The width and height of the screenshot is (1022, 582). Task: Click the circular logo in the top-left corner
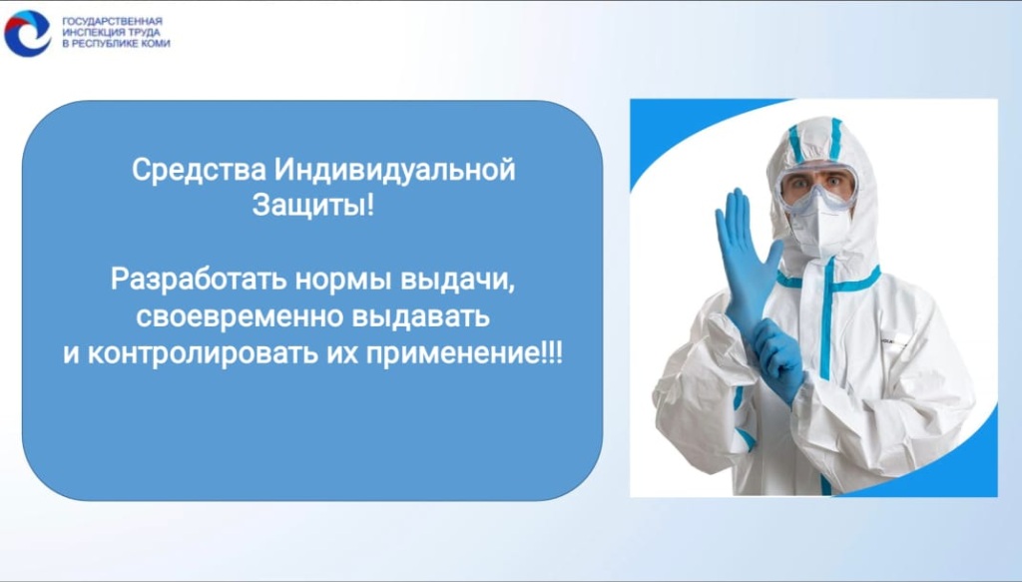point(27,33)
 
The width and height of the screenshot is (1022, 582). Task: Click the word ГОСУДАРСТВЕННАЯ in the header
point(112,21)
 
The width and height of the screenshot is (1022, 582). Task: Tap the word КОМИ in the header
point(154,44)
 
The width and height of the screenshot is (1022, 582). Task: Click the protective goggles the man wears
point(818,186)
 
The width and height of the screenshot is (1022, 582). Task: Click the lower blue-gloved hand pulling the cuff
point(779,360)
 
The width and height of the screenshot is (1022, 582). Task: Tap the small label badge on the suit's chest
point(893,339)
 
